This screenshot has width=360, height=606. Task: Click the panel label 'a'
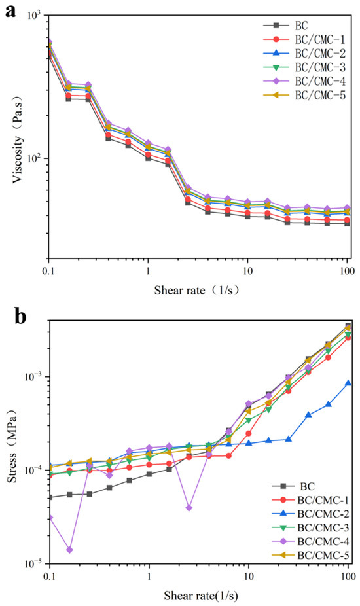pos(10,11)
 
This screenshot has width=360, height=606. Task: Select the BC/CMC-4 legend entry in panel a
pos(304,82)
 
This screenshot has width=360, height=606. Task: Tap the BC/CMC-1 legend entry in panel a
pos(304,39)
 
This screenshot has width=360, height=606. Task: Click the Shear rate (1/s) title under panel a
pos(197,290)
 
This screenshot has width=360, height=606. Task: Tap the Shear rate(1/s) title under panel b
pos(201,595)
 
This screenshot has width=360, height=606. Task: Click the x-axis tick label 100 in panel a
pos(347,270)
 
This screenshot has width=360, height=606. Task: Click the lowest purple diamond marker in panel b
pos(69,550)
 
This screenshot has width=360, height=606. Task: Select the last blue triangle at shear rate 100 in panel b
pos(348,383)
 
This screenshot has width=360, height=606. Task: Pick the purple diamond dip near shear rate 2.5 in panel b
pos(189,507)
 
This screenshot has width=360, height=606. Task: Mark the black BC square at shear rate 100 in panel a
pos(348,223)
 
